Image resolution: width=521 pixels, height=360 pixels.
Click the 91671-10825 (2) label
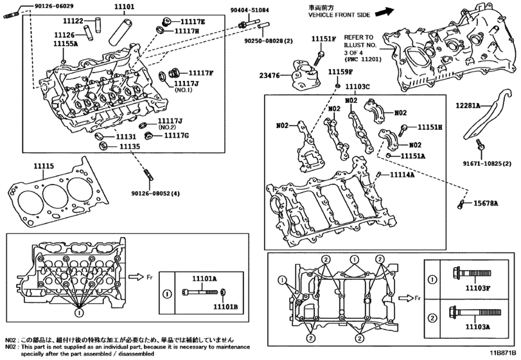(x=486, y=164)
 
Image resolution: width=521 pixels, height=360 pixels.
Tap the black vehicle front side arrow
(x=384, y=11)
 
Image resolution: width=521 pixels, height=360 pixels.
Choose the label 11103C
(x=357, y=86)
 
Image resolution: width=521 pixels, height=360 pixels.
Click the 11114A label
(x=403, y=175)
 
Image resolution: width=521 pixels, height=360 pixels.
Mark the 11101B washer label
(x=225, y=308)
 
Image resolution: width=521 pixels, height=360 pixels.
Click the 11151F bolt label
(x=324, y=39)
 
